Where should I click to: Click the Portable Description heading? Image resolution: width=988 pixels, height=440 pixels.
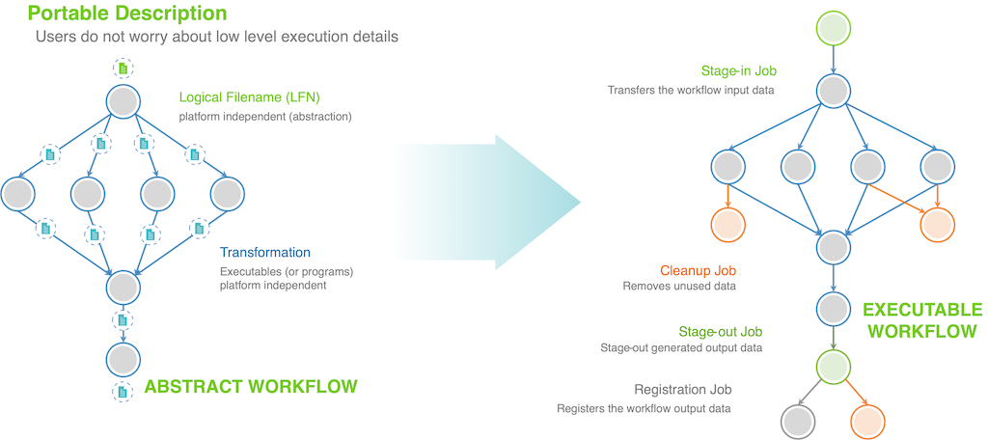(128, 14)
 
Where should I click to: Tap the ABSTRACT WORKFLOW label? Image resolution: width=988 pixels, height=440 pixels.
(250, 387)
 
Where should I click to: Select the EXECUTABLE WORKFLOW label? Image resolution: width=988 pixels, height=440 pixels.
(921, 320)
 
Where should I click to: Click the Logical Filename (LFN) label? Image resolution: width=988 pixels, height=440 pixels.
(249, 97)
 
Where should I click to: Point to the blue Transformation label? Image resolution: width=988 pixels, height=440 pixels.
(265, 253)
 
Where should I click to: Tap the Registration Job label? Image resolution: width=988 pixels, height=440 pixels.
(683, 390)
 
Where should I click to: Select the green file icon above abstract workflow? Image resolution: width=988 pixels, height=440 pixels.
(123, 69)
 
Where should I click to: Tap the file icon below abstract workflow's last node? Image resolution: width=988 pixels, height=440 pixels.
(123, 393)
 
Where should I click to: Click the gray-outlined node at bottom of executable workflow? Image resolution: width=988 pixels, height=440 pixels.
(799, 422)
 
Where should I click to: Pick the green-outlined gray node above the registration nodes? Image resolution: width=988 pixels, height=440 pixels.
(832, 366)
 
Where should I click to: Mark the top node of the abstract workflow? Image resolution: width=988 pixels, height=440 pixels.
(123, 102)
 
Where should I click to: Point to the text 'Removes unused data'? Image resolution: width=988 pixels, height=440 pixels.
(679, 287)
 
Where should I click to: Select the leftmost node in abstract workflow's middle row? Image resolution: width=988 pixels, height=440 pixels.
(19, 193)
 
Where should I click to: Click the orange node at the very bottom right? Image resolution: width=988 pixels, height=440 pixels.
(866, 422)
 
